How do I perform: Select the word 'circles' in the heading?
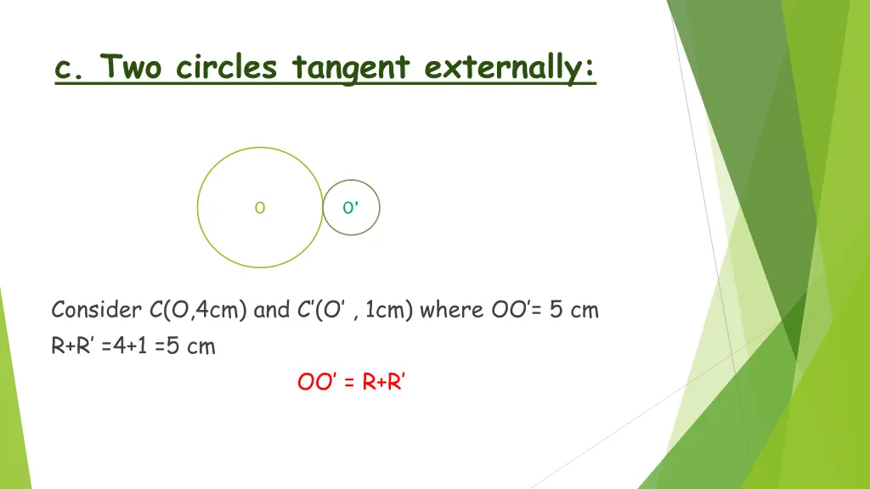[x=227, y=66]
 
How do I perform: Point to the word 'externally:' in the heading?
[x=510, y=66]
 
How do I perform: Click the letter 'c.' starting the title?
[x=70, y=66]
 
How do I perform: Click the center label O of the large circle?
[x=260, y=208]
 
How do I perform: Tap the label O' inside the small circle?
[x=350, y=208]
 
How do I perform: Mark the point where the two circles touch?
[x=323, y=208]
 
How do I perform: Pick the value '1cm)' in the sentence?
[x=389, y=310]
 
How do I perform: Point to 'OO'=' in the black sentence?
[x=517, y=310]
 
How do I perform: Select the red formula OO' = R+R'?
[x=352, y=383]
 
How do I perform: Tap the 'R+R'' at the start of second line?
[x=73, y=346]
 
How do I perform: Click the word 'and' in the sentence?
[x=272, y=310]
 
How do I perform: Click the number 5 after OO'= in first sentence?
[x=555, y=310]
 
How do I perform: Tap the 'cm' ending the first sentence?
[x=585, y=310]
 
